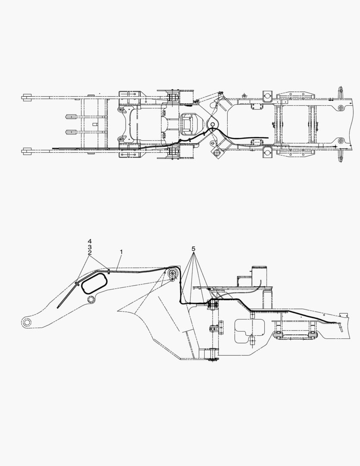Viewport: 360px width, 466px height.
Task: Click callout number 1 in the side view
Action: click(121, 251)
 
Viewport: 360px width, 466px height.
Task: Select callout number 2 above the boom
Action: click(90, 253)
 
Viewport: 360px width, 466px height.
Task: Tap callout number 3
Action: click(90, 247)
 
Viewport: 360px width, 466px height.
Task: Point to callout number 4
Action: click(90, 241)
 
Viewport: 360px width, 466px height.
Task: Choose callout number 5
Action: click(194, 249)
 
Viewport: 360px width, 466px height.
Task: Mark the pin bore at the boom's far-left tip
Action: click(27, 321)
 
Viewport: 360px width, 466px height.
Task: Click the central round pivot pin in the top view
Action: click(213, 124)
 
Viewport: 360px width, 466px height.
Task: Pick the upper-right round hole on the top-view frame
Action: click(341, 107)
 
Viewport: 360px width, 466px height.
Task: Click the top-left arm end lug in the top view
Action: click(27, 98)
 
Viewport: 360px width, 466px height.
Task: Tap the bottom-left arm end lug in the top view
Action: click(27, 151)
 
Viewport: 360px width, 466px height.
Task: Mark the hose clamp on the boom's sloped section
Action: click(77, 283)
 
